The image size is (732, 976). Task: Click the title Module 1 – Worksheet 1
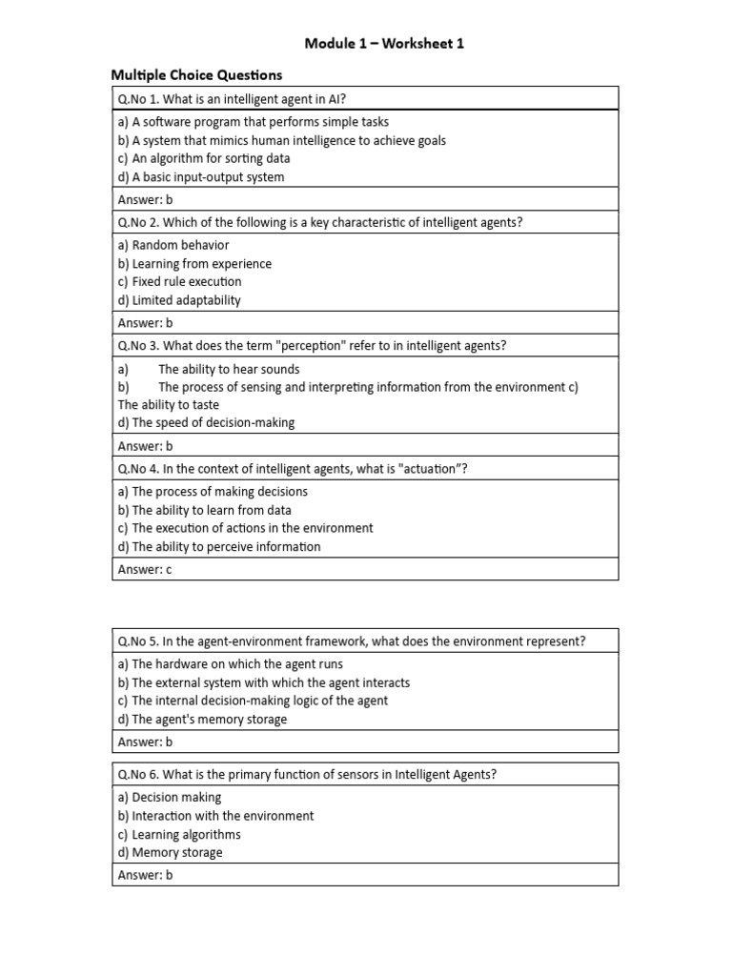click(384, 44)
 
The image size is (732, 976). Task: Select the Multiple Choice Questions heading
click(196, 75)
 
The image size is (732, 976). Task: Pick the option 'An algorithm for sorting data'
click(204, 158)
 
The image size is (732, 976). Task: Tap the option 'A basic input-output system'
click(200, 176)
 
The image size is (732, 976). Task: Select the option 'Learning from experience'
click(194, 263)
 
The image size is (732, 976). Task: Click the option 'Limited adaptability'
click(179, 300)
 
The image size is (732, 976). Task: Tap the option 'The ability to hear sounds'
click(229, 369)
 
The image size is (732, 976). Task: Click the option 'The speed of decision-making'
click(206, 422)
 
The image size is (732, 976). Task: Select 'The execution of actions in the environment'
click(245, 528)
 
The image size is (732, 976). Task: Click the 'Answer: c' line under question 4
click(144, 569)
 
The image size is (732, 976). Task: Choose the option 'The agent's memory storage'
click(202, 720)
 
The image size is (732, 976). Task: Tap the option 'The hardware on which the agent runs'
click(231, 663)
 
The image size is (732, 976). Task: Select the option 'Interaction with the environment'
click(215, 816)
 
